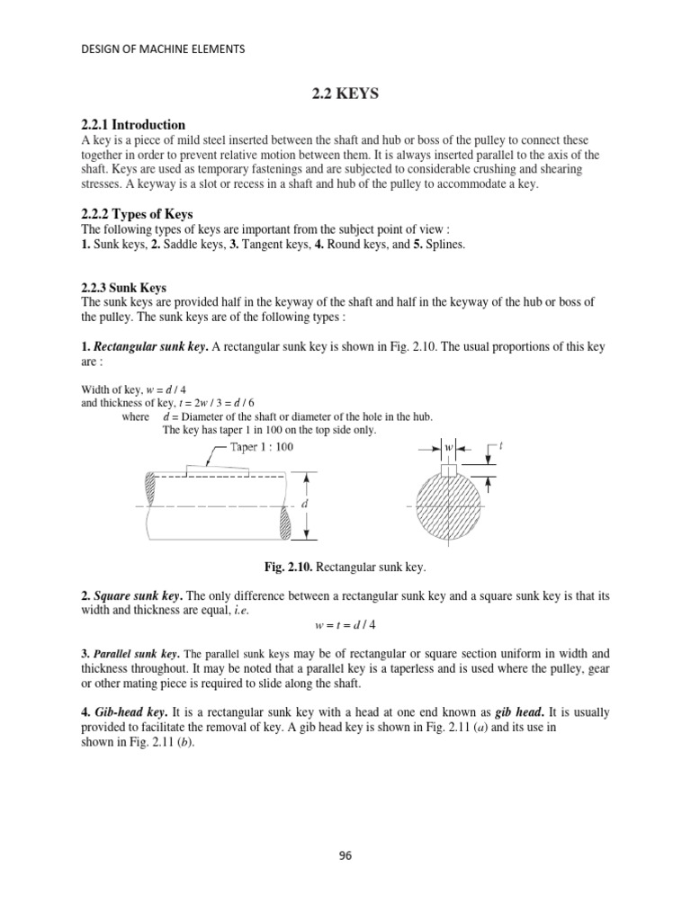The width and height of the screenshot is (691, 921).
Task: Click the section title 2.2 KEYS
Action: point(345,93)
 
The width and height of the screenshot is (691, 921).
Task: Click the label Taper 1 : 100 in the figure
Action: point(261,446)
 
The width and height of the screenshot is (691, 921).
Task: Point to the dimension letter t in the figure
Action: point(501,446)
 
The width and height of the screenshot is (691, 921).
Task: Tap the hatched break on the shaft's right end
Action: point(286,523)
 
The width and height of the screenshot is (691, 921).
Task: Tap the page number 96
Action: point(345,855)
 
